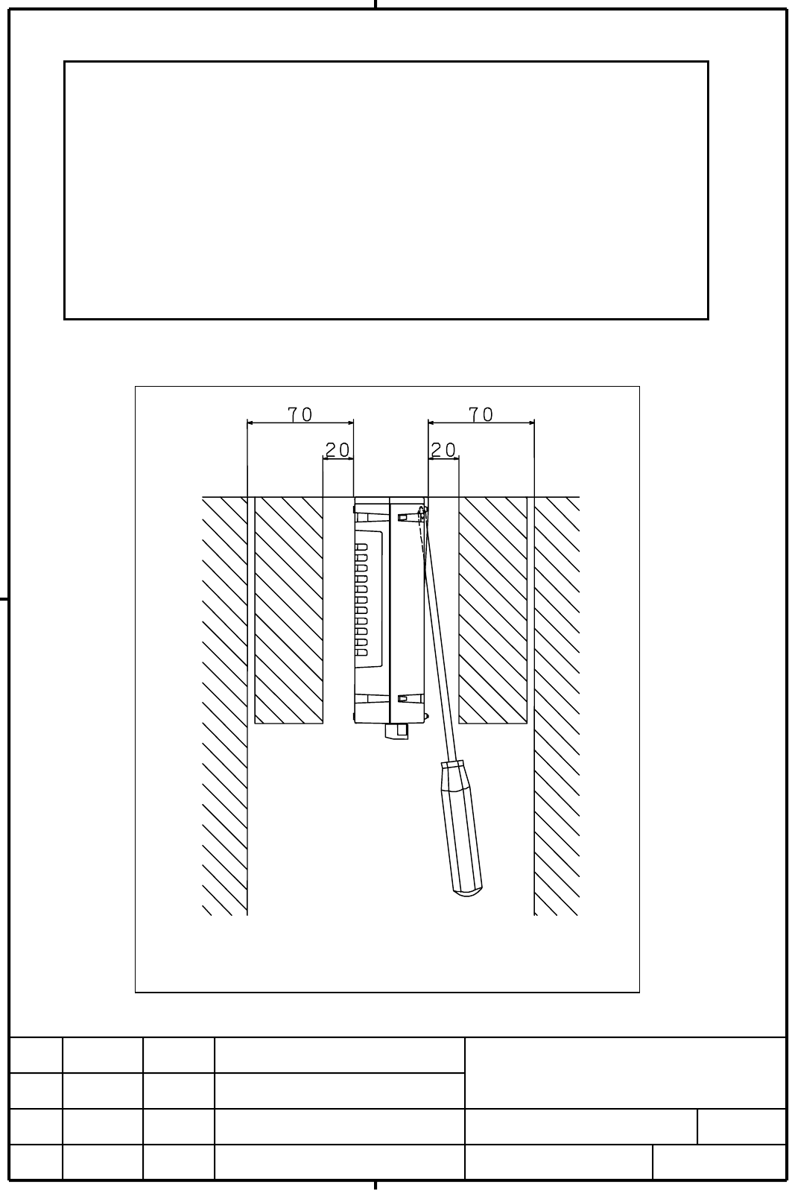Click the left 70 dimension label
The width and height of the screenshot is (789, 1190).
pos(300,414)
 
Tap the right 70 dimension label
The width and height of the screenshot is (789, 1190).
pos(481,414)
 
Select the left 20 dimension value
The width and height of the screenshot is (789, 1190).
pos(338,450)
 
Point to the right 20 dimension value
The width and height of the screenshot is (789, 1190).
pos(443,450)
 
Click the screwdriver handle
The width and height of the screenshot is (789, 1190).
pos(461,829)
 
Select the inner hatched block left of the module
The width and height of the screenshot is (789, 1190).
pos(288,610)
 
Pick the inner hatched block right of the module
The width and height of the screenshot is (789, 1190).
pos(492,610)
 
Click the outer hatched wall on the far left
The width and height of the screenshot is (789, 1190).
pos(225,706)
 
